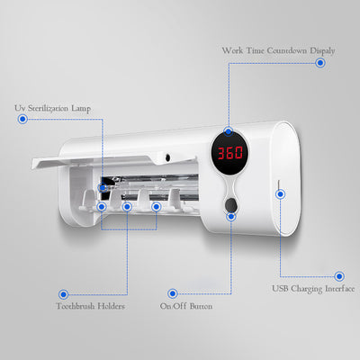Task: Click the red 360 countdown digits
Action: [x=230, y=153]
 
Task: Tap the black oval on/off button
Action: [x=230, y=204]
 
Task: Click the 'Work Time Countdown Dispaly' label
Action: [x=278, y=50]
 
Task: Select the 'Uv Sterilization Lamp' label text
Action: [x=53, y=108]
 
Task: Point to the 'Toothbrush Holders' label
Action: [x=91, y=306]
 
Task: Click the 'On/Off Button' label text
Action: [x=186, y=306]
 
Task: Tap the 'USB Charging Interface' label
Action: [x=313, y=289]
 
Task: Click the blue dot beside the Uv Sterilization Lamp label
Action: [x=22, y=119]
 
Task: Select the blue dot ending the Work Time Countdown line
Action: [x=320, y=63]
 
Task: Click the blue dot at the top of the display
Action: [x=229, y=131]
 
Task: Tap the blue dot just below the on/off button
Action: [x=231, y=216]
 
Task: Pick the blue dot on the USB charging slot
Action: [x=280, y=194]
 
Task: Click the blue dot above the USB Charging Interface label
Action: [x=339, y=276]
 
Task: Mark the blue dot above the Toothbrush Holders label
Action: [x=63, y=294]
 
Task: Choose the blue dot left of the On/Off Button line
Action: [x=173, y=293]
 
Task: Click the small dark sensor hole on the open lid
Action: [x=167, y=157]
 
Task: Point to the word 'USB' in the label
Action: [x=280, y=288]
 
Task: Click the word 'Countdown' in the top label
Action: [x=287, y=50]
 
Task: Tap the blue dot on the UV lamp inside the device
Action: [x=103, y=187]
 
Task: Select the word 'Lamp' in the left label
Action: [x=81, y=109]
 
